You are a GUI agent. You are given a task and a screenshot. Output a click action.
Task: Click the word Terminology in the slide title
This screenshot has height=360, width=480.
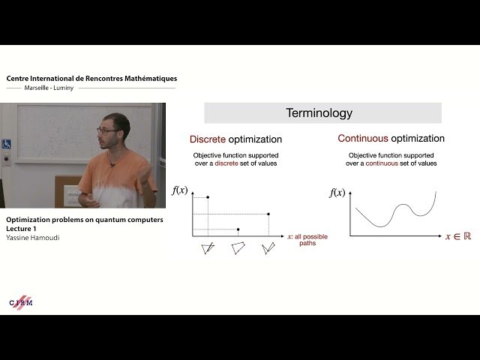(x=319, y=113)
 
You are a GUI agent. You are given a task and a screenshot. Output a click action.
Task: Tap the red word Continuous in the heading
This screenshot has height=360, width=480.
(x=361, y=139)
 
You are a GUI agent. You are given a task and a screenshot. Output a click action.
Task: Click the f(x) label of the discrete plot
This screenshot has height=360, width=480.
(x=179, y=190)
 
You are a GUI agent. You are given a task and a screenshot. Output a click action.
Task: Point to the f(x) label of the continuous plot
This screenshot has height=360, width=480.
(x=337, y=193)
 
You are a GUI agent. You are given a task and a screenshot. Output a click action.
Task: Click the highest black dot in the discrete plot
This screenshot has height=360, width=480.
(x=208, y=197)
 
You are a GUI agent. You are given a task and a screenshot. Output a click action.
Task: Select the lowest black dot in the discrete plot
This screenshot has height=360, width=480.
(x=238, y=229)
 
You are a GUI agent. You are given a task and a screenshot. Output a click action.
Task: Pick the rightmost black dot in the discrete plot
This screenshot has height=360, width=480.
(x=268, y=214)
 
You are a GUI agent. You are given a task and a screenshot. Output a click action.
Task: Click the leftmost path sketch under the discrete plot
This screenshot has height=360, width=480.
(x=208, y=248)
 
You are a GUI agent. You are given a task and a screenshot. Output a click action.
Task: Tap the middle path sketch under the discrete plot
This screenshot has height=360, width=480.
(x=238, y=248)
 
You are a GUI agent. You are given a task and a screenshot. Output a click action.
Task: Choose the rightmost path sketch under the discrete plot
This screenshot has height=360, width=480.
(x=268, y=248)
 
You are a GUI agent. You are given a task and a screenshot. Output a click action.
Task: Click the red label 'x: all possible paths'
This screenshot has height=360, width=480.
(x=307, y=240)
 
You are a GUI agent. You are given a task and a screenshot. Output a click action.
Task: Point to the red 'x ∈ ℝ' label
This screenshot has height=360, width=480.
(x=457, y=236)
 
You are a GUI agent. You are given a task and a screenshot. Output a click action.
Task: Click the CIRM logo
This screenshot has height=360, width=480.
(x=21, y=301)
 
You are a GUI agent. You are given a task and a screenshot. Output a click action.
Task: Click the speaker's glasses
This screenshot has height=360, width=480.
(x=106, y=131)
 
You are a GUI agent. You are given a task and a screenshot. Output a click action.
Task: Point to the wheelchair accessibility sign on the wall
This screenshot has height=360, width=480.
(x=6, y=143)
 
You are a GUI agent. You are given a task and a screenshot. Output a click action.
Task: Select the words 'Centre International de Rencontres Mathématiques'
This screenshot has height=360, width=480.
(x=91, y=78)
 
